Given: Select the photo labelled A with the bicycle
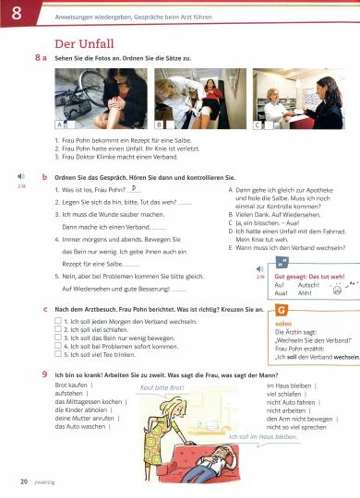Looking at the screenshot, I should click(95, 95).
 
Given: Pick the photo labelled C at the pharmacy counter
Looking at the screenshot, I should click(292, 95).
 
